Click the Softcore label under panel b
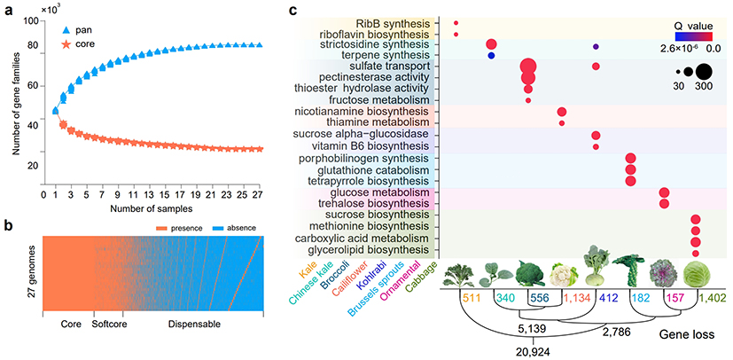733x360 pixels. [107, 325]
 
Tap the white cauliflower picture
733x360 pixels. [564, 273]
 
